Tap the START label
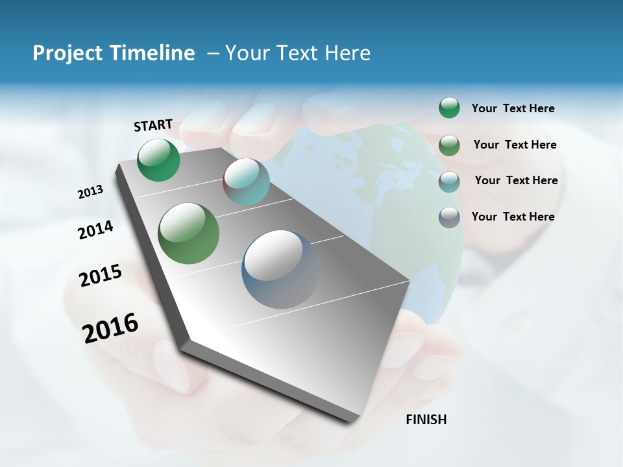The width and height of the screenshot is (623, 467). click(x=153, y=125)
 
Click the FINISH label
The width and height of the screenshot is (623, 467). click(x=426, y=420)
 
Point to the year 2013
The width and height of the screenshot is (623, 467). click(x=90, y=192)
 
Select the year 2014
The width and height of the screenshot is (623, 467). click(x=95, y=230)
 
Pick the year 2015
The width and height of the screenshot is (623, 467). click(x=101, y=276)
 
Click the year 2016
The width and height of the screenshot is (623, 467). click(x=110, y=328)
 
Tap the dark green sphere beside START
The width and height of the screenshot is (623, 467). click(x=159, y=160)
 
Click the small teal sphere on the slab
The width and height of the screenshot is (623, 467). click(x=246, y=182)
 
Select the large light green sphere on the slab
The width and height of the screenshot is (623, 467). click(x=189, y=233)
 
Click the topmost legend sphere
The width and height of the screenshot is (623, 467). click(x=449, y=108)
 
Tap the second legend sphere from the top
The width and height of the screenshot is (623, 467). click(x=449, y=145)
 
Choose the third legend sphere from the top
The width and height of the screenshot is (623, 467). click(x=449, y=181)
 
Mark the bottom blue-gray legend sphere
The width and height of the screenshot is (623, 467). click(x=449, y=217)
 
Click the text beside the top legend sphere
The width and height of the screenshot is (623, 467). click(x=513, y=109)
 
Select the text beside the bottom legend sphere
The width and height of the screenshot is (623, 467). click(x=513, y=217)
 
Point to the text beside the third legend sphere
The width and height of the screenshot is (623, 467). click(x=516, y=180)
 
